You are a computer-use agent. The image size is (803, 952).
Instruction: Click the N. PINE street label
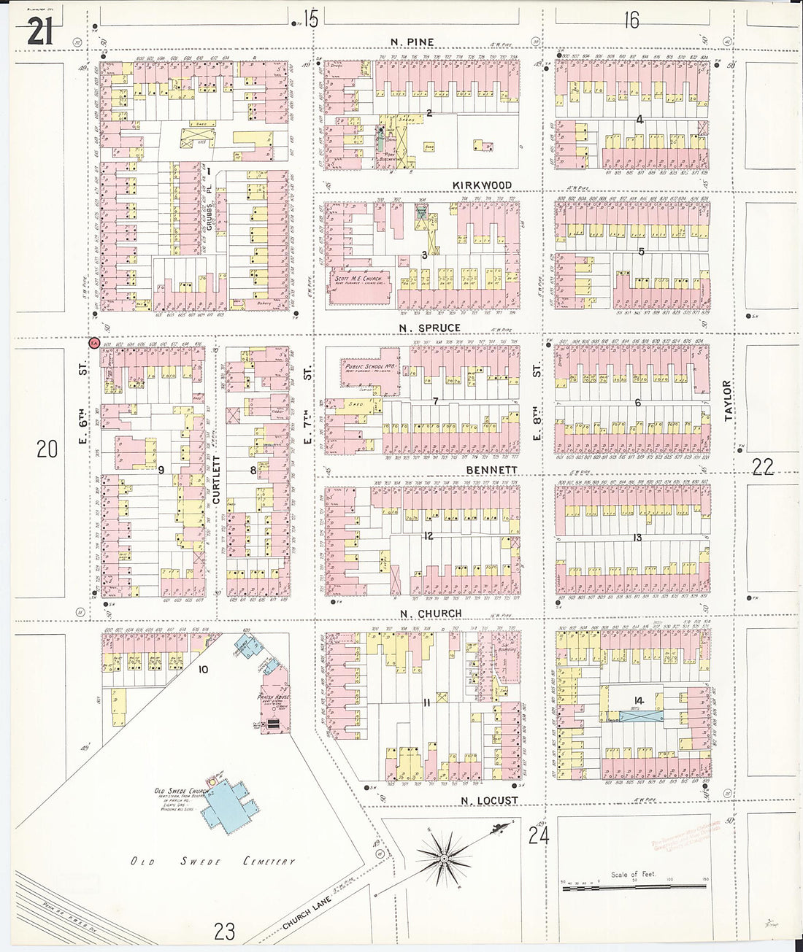(412, 42)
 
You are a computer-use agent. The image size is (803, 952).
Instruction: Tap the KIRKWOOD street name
(482, 185)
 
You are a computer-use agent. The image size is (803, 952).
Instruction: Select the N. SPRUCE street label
(429, 328)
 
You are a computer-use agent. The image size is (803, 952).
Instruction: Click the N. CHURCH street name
(431, 614)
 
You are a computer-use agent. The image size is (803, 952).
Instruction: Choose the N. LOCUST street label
(489, 800)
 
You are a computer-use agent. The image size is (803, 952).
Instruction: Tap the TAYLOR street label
(727, 400)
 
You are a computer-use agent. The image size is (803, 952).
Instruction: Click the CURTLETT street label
(216, 480)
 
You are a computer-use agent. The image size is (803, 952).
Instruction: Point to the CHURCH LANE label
(307, 913)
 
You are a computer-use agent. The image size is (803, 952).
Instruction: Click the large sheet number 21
(40, 31)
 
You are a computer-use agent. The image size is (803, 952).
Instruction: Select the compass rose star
(442, 858)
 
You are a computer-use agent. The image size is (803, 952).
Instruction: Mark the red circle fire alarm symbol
(93, 342)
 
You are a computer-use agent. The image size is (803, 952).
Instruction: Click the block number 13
(637, 538)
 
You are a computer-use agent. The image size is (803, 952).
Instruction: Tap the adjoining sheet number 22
(762, 466)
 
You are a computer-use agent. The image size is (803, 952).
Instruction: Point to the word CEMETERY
(269, 862)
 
